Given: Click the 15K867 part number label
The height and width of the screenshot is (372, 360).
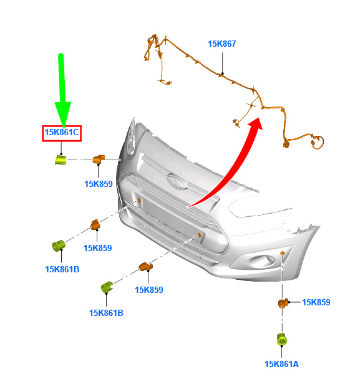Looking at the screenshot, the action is click(x=221, y=44).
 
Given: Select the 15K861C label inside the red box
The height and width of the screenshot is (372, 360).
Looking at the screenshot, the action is click(x=62, y=132).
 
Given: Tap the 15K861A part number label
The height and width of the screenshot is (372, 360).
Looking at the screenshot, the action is click(x=281, y=364).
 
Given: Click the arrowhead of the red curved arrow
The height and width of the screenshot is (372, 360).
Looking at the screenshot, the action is click(x=256, y=124).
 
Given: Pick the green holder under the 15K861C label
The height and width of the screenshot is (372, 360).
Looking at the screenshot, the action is click(x=61, y=160).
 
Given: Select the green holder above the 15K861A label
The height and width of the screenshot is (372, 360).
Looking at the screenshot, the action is click(x=282, y=339).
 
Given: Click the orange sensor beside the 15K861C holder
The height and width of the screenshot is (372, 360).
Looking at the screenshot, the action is click(x=99, y=159).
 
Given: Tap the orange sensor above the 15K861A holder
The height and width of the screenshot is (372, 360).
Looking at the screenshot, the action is click(x=283, y=303).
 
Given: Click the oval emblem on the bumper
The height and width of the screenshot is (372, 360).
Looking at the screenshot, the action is click(x=177, y=182).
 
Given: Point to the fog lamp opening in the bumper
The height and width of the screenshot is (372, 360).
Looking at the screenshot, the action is click(x=261, y=261).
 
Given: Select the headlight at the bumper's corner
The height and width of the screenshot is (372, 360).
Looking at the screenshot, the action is click(x=131, y=137).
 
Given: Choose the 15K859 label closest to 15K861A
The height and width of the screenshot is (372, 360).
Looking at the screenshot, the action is click(x=316, y=302).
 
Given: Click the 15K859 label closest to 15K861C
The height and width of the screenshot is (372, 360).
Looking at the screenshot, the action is click(x=99, y=184).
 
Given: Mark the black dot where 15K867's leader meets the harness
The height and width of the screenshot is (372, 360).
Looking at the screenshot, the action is click(x=222, y=74).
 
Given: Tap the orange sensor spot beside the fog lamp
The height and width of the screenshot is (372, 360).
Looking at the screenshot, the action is click(x=282, y=253).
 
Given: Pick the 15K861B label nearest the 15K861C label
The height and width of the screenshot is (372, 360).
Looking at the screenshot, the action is click(x=62, y=270).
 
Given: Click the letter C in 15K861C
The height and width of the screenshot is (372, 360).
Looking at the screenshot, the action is click(x=75, y=132).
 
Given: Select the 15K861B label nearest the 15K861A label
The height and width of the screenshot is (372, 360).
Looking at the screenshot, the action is click(x=106, y=313).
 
